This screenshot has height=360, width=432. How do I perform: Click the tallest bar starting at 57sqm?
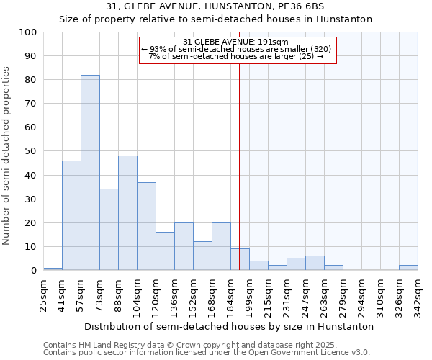(90, 173)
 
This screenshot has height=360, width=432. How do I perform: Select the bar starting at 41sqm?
(71, 215)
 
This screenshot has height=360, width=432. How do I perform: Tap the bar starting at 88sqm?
(127, 213)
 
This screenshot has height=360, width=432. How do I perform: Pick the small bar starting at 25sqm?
(53, 269)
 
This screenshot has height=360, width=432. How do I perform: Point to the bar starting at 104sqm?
(146, 226)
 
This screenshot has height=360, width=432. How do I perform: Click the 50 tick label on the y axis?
(31, 151)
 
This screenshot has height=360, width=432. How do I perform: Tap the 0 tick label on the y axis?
(34, 271)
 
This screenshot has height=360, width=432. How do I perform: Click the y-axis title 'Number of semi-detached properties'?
(6, 156)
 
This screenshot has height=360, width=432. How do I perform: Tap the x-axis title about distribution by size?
(229, 326)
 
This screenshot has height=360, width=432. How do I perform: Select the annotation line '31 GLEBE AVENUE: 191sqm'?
(235, 42)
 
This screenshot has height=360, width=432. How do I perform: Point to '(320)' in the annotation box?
(321, 49)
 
